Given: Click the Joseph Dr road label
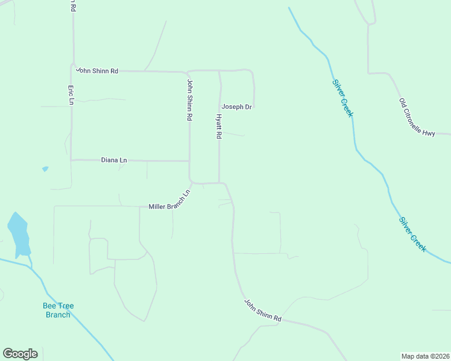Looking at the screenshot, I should pos(236,106).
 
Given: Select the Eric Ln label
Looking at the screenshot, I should pos(71,94).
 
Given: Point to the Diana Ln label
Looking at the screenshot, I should pos(114,160).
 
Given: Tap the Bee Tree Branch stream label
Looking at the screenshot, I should pos(58,310).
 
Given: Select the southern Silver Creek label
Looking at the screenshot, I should pos(412,234).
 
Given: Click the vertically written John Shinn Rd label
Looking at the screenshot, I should pos(189,100).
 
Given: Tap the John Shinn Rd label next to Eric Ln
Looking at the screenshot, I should pos(97,70).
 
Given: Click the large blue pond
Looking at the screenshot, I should pos(18,234).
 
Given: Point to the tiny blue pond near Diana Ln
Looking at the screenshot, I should pos(45,169).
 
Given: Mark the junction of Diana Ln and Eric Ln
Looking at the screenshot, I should pos(71,160).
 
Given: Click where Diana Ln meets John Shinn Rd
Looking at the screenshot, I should pos(190,161).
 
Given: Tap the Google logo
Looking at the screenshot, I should pos(20,354).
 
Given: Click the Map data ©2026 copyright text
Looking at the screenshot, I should pos(425,356).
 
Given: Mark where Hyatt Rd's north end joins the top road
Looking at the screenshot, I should pos(219,71).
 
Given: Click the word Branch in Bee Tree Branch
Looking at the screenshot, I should pos(58,315).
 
